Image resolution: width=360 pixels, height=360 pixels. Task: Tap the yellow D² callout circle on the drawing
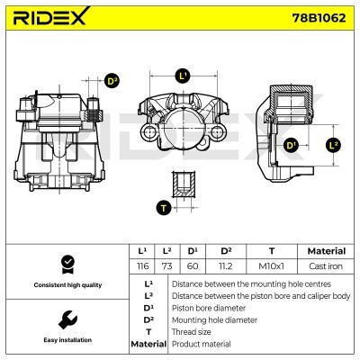112,81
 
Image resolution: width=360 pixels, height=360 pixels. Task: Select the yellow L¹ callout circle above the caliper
183,76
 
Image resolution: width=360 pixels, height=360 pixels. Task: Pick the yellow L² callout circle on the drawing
333,144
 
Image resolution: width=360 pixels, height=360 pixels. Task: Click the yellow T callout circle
163,208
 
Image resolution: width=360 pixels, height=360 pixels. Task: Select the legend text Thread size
193,331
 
